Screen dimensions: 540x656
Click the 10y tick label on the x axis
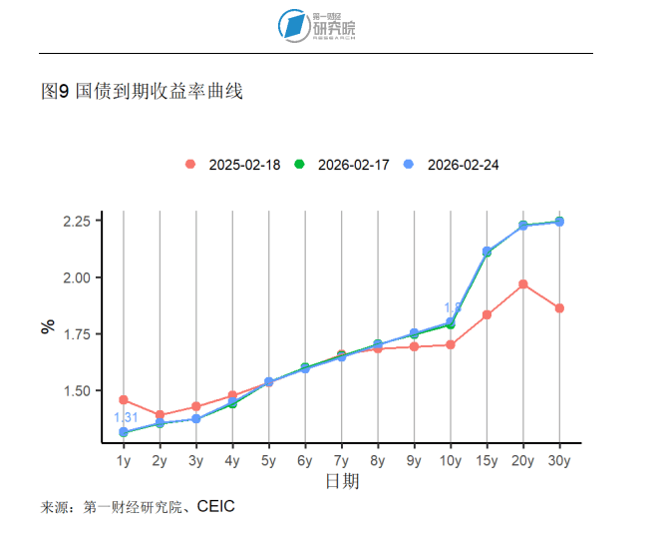click(450, 460)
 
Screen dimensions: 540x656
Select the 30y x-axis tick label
click(559, 460)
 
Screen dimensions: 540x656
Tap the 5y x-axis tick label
click(268, 460)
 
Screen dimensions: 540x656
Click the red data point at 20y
click(523, 284)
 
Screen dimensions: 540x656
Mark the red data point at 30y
click(559, 308)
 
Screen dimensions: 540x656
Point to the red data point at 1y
click(124, 400)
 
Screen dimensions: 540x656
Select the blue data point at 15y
click(487, 252)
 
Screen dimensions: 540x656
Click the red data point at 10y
click(451, 345)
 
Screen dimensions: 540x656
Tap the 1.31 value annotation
click(126, 417)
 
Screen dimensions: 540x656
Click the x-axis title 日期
click(342, 482)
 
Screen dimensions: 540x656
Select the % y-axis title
click(48, 326)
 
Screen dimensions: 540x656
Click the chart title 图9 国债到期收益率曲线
click(143, 92)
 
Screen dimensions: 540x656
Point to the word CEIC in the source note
click(215, 507)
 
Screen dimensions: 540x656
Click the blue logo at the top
click(293, 26)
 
